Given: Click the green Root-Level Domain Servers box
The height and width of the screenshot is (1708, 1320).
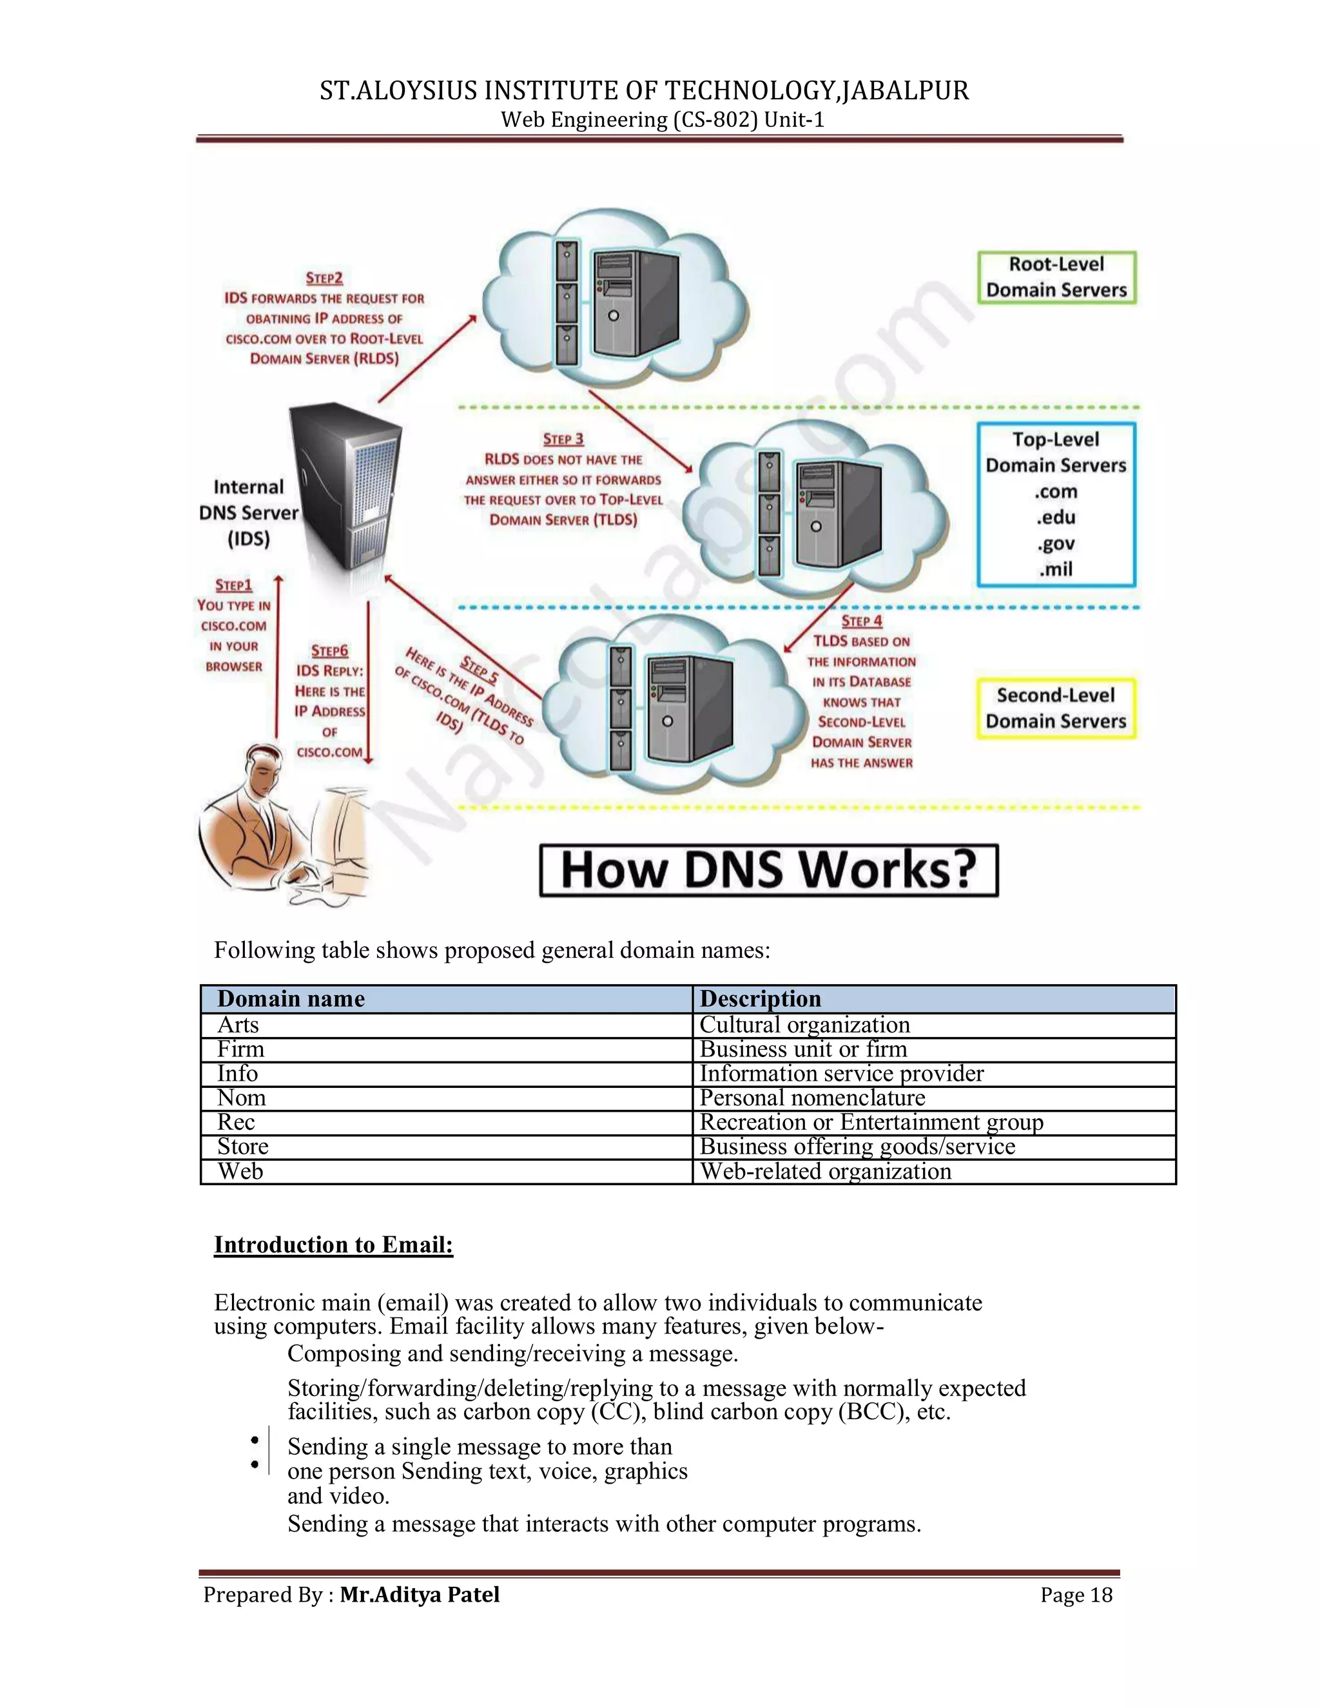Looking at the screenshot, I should pos(1056,277).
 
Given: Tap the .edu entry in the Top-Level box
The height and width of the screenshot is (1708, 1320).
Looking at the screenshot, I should pos(1056,518).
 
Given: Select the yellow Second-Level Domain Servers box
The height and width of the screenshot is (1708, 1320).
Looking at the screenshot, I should pos(1056,708).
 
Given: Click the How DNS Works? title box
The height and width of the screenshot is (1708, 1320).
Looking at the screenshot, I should pos(769,869).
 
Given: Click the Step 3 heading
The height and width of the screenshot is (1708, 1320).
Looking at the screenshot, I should pos(563,440).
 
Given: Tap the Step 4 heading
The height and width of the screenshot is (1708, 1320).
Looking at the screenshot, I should pos(861,621).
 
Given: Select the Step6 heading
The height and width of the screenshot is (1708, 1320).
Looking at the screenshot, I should pos(329,651).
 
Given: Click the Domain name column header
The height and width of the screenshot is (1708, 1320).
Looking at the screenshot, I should pos(291,998).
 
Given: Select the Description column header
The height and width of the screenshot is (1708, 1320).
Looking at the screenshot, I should pos(760,998).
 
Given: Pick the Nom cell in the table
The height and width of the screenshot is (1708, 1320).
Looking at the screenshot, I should pos(242,1098).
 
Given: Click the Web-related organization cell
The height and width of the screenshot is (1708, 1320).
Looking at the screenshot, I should pos(825,1172).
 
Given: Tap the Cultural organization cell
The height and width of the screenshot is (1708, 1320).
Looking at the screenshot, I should pos(804,1025).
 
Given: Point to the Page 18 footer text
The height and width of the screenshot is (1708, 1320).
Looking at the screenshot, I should pos(1075,1595).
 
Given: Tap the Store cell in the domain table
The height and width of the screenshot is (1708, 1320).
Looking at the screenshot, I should pos(242,1147).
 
